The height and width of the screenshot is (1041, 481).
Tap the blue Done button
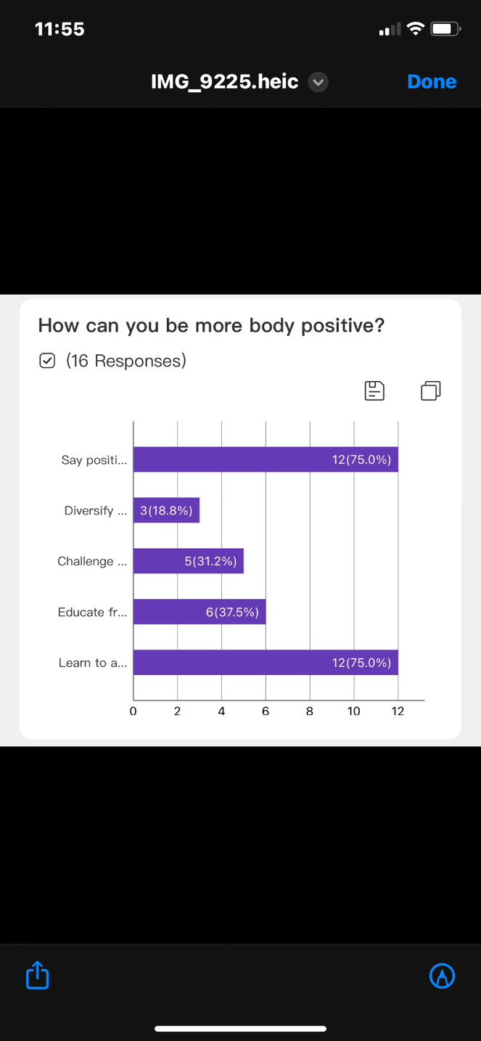432,82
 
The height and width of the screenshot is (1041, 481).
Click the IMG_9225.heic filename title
224,82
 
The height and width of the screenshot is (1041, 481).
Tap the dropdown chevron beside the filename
318,82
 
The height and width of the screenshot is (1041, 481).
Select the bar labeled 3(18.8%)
166,510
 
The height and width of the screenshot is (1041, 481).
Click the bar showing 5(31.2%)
189,561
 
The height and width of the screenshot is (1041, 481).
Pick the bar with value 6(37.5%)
200,612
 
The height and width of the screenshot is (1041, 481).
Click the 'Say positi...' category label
94,460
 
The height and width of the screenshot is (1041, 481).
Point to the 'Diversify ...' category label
96,511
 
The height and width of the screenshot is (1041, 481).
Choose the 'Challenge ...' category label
92,561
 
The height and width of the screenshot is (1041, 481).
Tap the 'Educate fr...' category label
92,612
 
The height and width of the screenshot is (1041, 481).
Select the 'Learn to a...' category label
93,663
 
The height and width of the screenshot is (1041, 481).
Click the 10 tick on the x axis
353,711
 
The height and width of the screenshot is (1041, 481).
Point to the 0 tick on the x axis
133,711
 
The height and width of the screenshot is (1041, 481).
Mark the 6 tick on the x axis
266,711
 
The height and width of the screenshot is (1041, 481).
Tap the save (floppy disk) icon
374,391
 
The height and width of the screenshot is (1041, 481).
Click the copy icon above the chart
430,391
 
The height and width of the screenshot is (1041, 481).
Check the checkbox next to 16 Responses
47,361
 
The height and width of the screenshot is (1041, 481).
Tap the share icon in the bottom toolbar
37,975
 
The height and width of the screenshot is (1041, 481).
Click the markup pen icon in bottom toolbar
442,976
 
